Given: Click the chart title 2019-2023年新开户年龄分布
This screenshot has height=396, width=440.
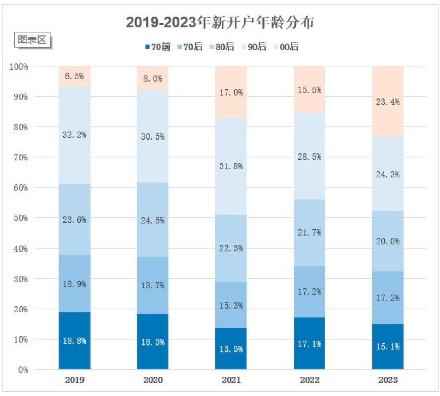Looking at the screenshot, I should coord(220,22).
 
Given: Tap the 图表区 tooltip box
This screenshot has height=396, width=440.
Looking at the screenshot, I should coord(32,40).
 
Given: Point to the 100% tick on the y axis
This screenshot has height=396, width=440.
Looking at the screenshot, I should coord(19,66).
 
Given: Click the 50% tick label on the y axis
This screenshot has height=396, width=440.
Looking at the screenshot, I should coord(21,218).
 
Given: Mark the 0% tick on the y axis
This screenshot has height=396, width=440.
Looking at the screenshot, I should coord(23,370).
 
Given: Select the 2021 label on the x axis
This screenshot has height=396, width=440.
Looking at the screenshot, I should coord(231,380).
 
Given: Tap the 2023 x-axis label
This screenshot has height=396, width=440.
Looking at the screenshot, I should coord(388,380).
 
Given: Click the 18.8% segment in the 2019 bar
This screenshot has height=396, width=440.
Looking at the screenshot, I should coord(74,341).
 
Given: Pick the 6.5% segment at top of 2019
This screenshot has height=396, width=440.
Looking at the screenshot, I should coord(74,76).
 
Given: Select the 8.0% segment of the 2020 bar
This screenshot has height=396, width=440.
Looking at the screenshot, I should coord(153,79).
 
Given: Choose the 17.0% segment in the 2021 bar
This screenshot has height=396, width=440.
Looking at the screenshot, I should coord(231,92).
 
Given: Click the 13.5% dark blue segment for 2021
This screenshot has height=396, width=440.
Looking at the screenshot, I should coord(231,349).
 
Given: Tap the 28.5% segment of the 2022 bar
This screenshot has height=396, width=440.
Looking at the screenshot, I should coord(309,157).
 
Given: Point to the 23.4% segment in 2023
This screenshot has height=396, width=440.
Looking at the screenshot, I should coord(388,102).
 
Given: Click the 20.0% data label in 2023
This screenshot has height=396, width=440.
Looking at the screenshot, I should coord(388,241).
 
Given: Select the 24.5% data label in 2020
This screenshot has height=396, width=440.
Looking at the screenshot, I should coord(153,220).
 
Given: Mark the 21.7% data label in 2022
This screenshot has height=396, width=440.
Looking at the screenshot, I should coord(309,232).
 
